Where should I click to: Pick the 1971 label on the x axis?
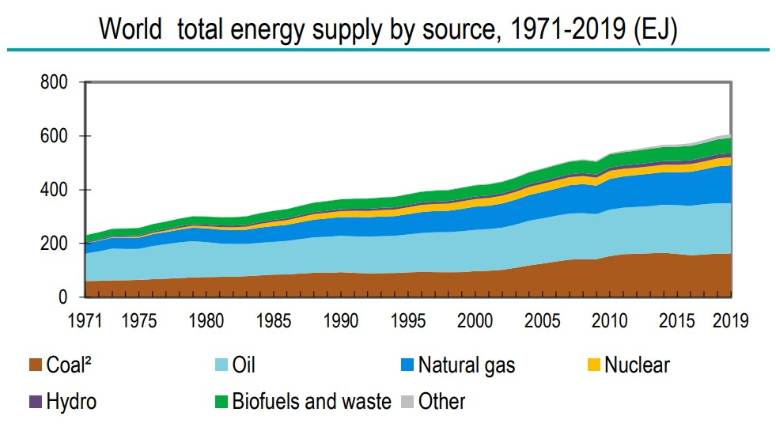coord(84,321)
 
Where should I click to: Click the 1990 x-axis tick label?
coord(339,321)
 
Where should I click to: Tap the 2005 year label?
coord(542,321)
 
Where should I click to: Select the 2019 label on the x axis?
coord(729,321)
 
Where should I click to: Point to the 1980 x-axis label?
coord(205,321)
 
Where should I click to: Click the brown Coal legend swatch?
coord(34,365)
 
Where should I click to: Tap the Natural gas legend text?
coord(466,365)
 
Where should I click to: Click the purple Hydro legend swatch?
coord(34,401)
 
